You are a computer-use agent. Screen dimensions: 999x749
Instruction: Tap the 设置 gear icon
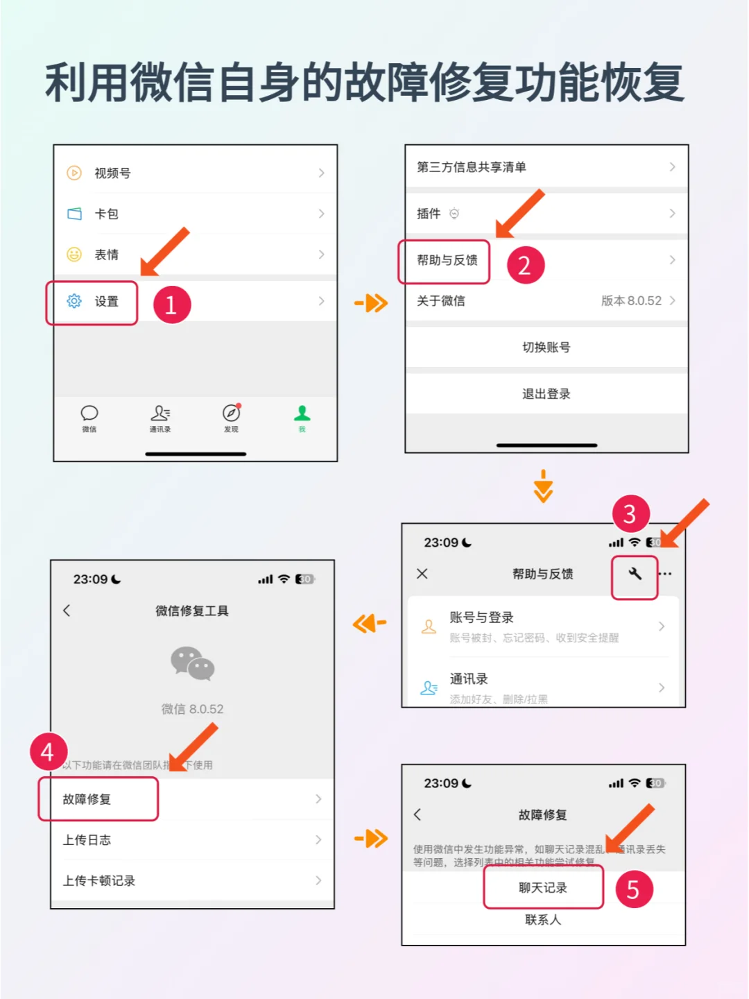pyautogui.click(x=74, y=301)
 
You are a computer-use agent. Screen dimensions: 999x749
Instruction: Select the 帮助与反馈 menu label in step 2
pyautogui.click(x=447, y=260)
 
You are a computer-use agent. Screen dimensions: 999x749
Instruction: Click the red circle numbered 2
pyautogui.click(x=525, y=265)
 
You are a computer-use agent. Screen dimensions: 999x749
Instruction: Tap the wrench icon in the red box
pyautogui.click(x=635, y=574)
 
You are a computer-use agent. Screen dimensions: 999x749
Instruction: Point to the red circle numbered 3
pyautogui.click(x=630, y=514)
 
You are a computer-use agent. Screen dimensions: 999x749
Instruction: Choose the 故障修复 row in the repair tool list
pyautogui.click(x=97, y=799)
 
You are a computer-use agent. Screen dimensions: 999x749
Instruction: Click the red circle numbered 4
pyautogui.click(x=48, y=752)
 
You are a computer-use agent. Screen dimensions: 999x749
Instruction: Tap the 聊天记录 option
pyautogui.click(x=543, y=888)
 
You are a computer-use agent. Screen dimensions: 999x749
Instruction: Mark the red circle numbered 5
pyautogui.click(x=633, y=889)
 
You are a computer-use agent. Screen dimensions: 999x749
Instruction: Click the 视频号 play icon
pyautogui.click(x=74, y=173)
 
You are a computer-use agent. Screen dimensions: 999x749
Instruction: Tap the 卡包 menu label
pyautogui.click(x=106, y=214)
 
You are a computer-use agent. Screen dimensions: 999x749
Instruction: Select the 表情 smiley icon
pyautogui.click(x=74, y=255)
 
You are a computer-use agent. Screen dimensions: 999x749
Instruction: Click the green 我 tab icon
pyautogui.click(x=302, y=413)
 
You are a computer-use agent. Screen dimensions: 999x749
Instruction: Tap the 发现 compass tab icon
pyautogui.click(x=231, y=413)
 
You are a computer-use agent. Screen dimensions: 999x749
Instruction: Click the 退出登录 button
pyautogui.click(x=546, y=394)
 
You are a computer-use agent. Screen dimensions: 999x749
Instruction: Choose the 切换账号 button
pyautogui.click(x=546, y=347)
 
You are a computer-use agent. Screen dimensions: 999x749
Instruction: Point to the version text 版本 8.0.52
pyautogui.click(x=630, y=300)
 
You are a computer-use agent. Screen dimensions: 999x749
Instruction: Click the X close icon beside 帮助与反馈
pyautogui.click(x=422, y=574)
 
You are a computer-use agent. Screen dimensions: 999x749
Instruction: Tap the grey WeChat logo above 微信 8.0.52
pyautogui.click(x=192, y=663)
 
